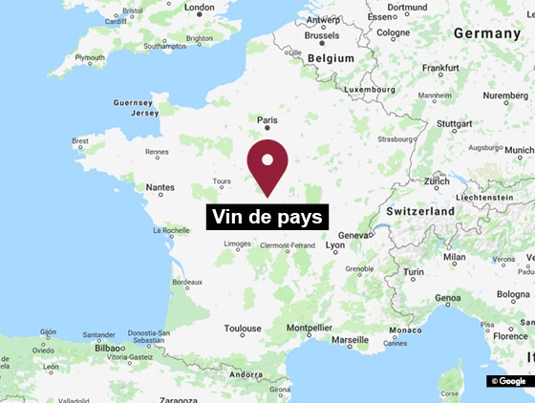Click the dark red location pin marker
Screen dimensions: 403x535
tap(267, 164)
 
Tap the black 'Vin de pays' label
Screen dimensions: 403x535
tap(267, 217)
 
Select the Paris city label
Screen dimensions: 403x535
tap(267, 120)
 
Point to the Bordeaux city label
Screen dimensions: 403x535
tap(186, 282)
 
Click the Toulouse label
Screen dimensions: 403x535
tap(243, 329)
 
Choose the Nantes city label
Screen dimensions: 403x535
tap(160, 188)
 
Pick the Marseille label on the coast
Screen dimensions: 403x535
tap(351, 339)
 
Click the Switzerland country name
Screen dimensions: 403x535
tap(420, 210)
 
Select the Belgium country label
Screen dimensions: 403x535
tap(330, 58)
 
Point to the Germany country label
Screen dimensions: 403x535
tap(487, 33)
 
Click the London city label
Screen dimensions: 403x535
tap(200, 8)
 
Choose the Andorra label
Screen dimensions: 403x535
tap(247, 375)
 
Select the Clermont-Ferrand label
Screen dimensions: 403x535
tap(288, 245)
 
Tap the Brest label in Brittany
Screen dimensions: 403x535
tap(81, 140)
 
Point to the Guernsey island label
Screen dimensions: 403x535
tap(132, 102)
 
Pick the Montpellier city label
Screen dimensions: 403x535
tap(310, 329)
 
